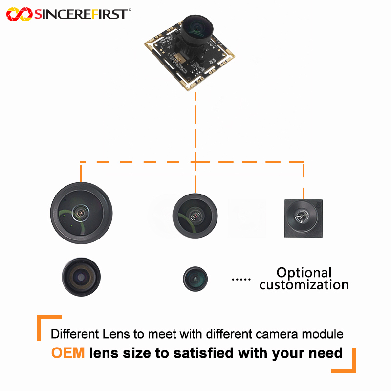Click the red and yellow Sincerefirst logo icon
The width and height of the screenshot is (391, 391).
point(20,14)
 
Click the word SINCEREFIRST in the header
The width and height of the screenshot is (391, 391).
point(81,14)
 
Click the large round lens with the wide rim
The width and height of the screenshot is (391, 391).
point(81,213)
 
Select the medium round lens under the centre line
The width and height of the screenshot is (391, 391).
point(195,216)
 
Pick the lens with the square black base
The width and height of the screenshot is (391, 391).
point(304,218)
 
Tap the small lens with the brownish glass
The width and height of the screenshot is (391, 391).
point(81,277)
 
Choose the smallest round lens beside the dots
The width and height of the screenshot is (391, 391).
point(195,279)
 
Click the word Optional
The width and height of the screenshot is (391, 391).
point(304,273)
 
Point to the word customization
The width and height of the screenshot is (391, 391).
point(304,285)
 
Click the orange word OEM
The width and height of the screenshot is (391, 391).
point(68,353)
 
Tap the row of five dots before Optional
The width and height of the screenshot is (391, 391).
point(241,279)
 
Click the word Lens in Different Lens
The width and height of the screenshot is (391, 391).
point(116,334)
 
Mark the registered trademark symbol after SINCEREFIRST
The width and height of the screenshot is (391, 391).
point(130,10)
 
